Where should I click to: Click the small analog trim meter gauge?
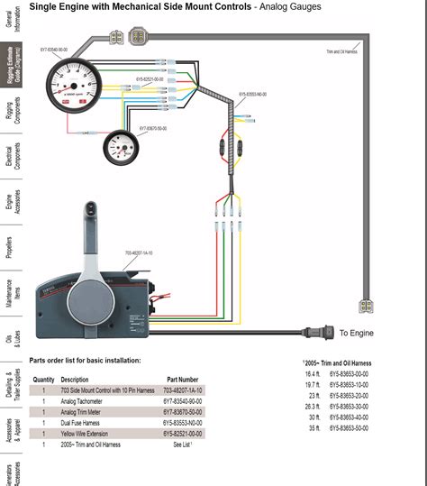click(x=118, y=146)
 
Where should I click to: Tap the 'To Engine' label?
click(x=356, y=333)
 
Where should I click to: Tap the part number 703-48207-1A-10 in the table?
click(x=184, y=390)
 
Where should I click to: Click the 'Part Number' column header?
click(x=182, y=379)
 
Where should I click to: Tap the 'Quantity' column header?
click(x=43, y=379)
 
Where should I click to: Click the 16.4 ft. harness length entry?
click(x=312, y=373)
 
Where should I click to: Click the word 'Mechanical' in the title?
click(x=126, y=7)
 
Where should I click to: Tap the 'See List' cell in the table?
click(x=181, y=445)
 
